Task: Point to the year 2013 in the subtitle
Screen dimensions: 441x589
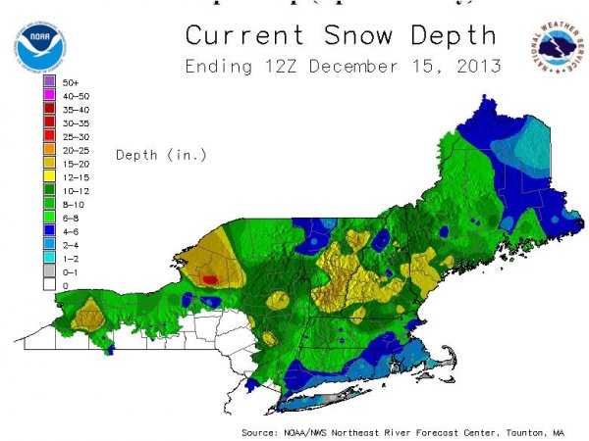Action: [x=480, y=68]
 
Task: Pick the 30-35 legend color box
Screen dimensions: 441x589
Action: [x=49, y=125]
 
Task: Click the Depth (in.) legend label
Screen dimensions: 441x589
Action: [x=157, y=155]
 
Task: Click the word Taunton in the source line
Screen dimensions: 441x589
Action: [x=524, y=431]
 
